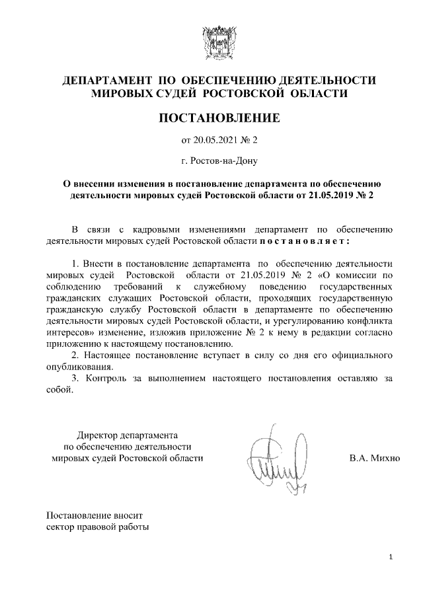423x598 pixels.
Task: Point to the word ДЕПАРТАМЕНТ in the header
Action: [103, 81]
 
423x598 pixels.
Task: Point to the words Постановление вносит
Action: [95, 514]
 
